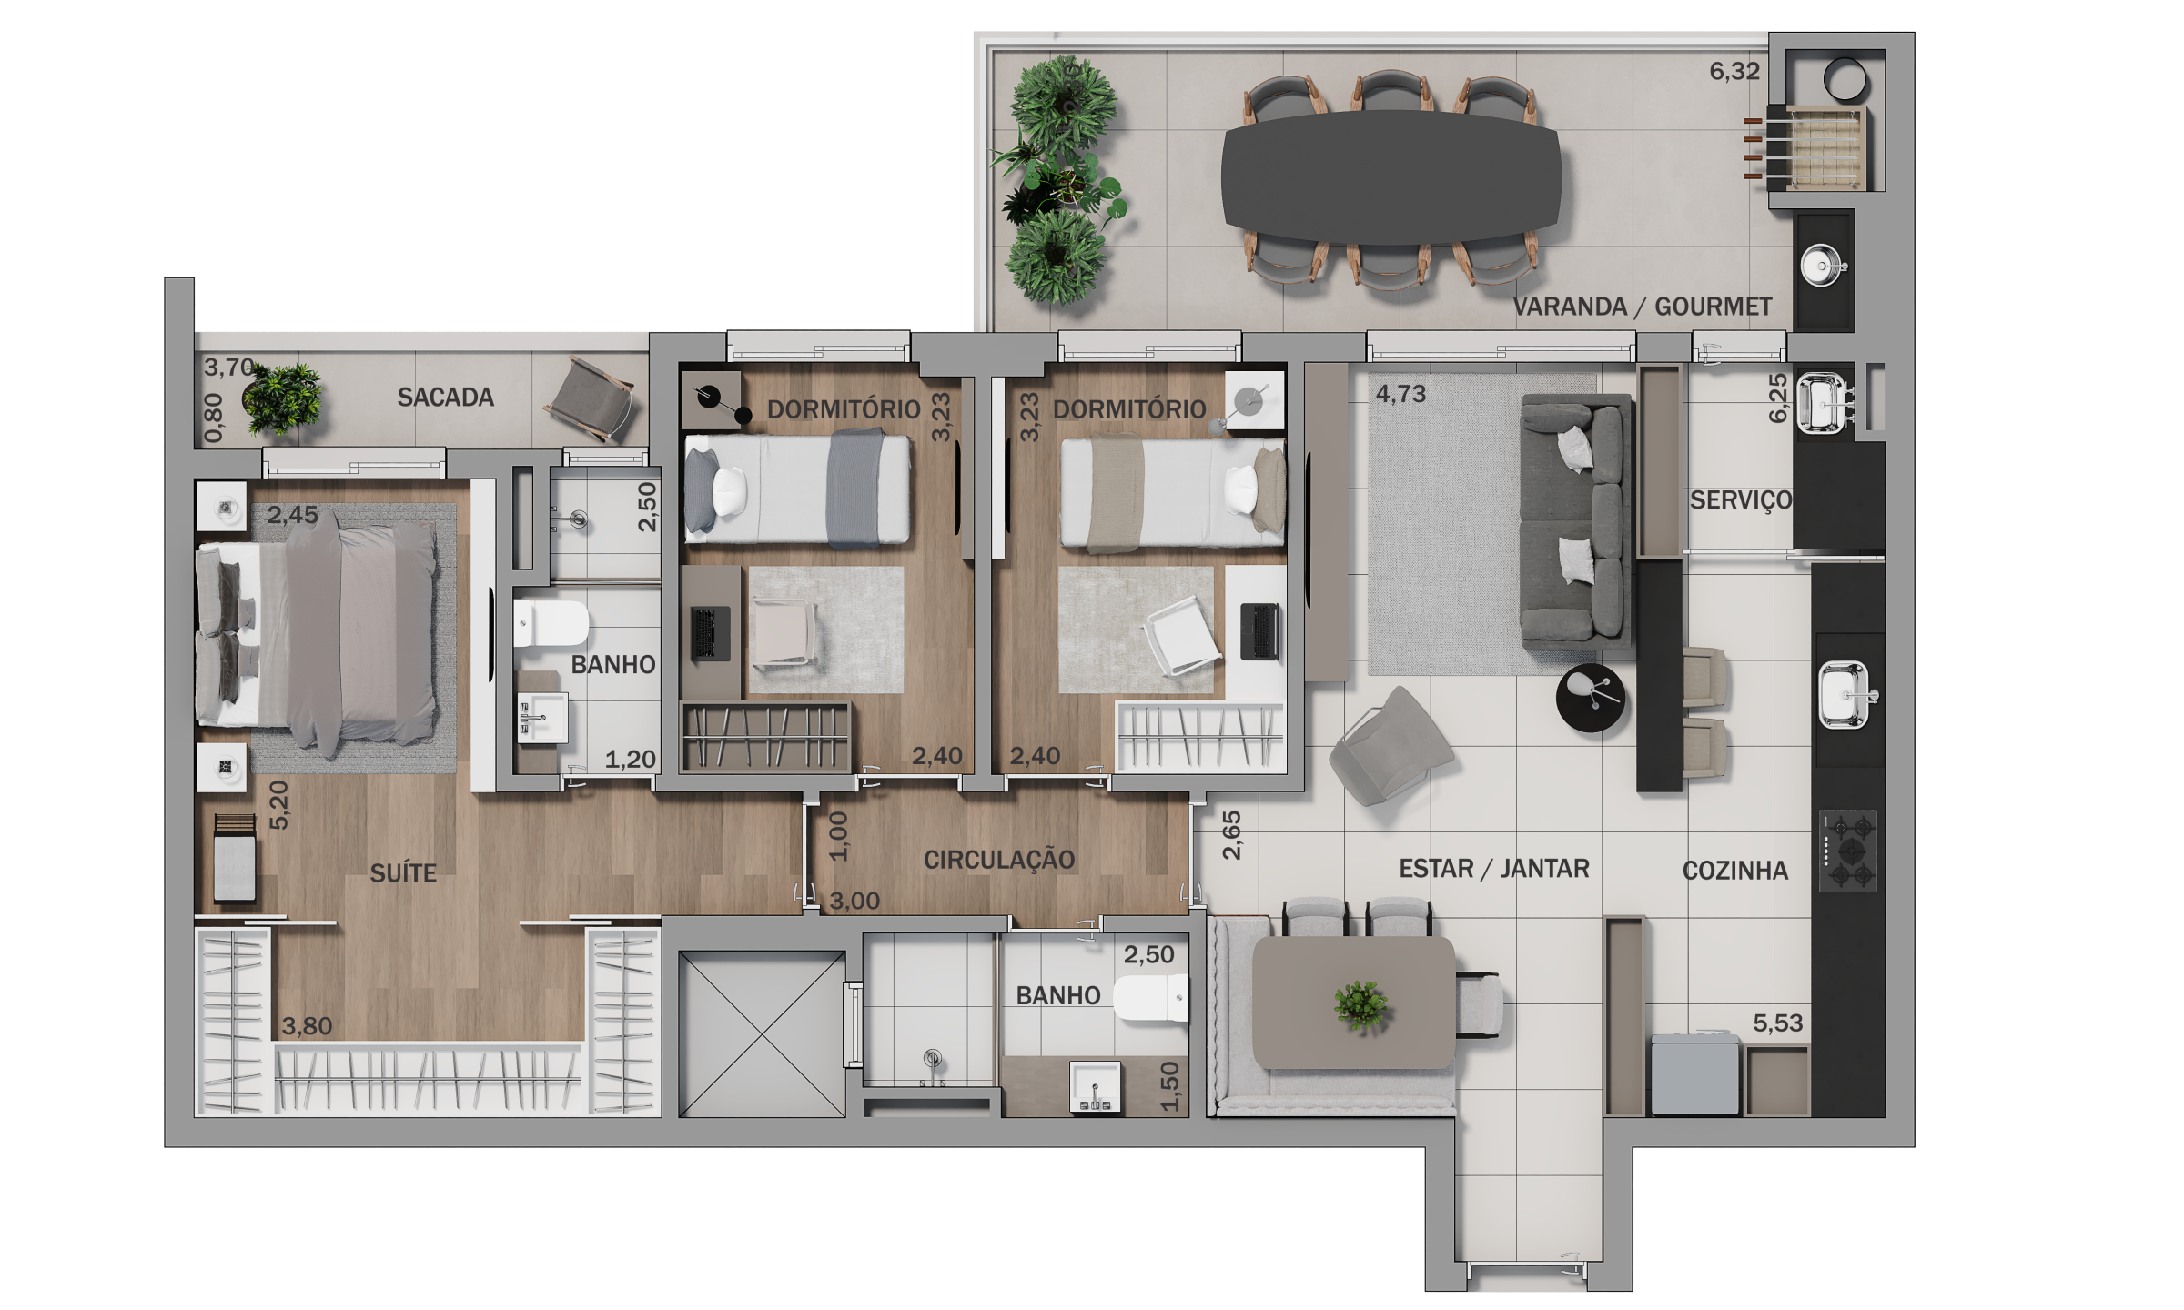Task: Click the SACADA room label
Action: click(445, 398)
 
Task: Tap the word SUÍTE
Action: click(403, 873)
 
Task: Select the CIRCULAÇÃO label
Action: click(999, 860)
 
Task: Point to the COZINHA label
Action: click(1735, 871)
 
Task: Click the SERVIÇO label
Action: click(1741, 500)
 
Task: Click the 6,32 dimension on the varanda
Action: click(1734, 71)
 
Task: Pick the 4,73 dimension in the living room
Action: click(1400, 394)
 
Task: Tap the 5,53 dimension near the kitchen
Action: click(1777, 1023)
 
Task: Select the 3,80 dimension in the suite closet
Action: click(307, 1026)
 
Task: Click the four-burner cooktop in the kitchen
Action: click(1848, 851)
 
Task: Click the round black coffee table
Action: click(1590, 698)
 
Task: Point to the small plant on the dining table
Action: click(1361, 1005)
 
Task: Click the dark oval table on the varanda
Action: click(1391, 177)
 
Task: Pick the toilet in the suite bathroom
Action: click(551, 623)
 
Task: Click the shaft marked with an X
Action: click(762, 1034)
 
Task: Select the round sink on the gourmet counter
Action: click(1823, 266)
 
